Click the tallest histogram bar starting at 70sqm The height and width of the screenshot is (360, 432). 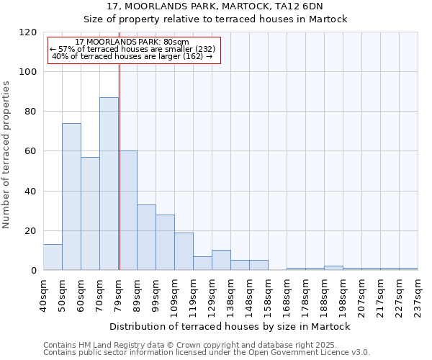point(109,184)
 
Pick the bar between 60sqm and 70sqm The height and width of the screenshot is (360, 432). point(90,213)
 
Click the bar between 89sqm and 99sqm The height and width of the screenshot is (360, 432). point(146,237)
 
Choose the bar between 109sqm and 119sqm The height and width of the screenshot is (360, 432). point(184,251)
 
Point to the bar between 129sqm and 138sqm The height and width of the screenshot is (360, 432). point(221,260)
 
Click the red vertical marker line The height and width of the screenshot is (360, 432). point(120,166)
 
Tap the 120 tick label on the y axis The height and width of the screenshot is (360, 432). point(28,32)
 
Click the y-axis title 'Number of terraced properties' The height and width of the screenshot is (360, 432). point(7,155)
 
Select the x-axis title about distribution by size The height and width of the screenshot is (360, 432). point(230,326)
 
